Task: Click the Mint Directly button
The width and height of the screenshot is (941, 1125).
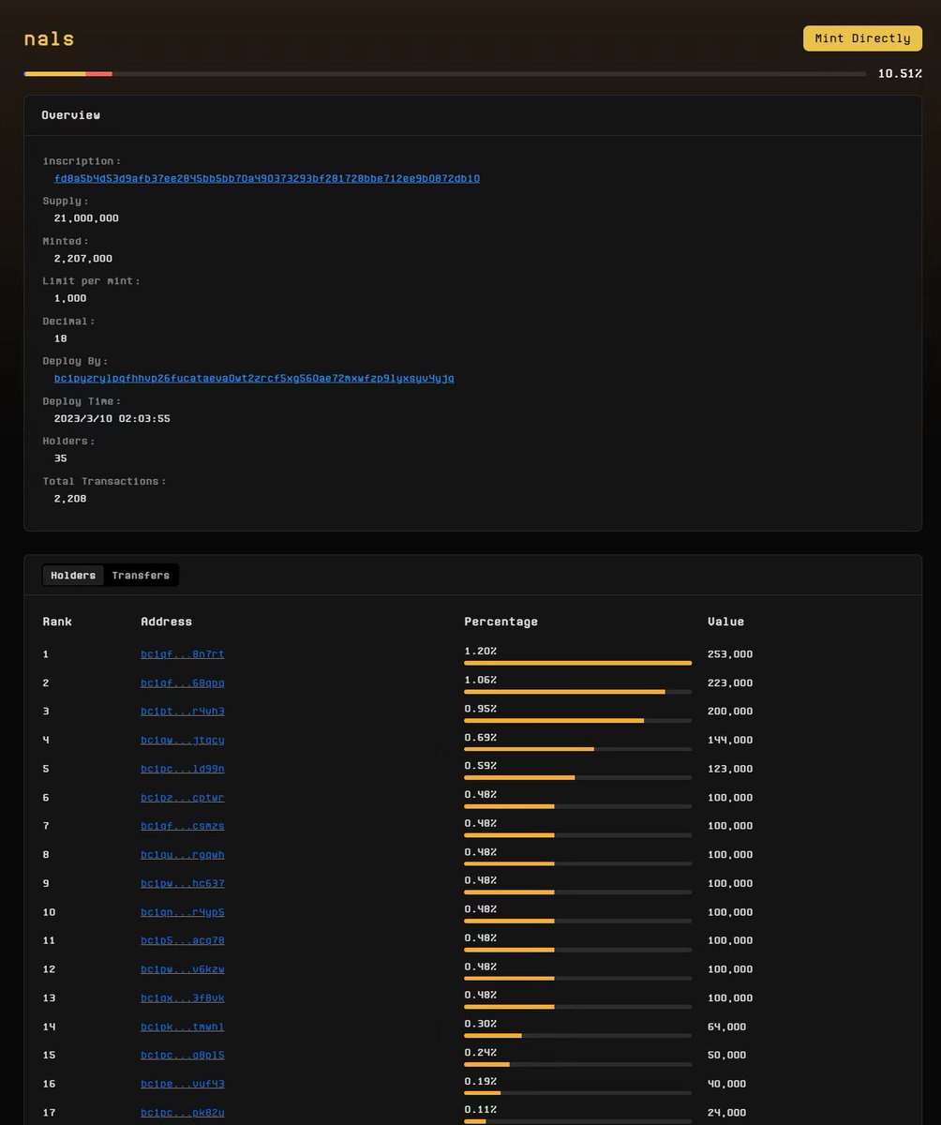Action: coord(862,38)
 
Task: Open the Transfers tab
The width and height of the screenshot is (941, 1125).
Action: coord(141,576)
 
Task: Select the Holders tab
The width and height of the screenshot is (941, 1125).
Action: coord(73,576)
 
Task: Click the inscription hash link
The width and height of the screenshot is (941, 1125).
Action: coord(266,178)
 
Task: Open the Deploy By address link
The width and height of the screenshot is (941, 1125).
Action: coord(254,378)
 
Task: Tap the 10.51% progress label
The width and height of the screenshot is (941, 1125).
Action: coord(900,73)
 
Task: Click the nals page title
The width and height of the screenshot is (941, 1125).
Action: coord(49,38)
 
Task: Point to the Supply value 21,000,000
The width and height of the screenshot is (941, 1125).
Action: coord(86,218)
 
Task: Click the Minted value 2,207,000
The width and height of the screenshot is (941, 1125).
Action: coord(83,259)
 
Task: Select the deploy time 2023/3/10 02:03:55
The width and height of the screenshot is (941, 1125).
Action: coord(112,419)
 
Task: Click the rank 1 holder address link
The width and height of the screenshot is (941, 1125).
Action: coord(182,654)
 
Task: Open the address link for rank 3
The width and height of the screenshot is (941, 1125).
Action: coord(182,712)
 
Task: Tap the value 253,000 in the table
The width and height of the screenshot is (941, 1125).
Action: coord(730,654)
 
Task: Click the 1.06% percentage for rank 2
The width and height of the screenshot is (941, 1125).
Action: coord(481,680)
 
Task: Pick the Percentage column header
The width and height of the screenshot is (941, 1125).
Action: coord(500,622)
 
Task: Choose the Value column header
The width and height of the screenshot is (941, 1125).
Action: coord(725,622)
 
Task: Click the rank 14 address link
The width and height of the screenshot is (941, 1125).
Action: coord(182,1027)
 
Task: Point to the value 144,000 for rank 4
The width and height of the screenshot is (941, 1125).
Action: coord(730,740)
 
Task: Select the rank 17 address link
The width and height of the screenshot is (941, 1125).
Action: coord(182,1113)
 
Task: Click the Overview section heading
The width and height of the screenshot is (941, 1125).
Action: coord(70,115)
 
